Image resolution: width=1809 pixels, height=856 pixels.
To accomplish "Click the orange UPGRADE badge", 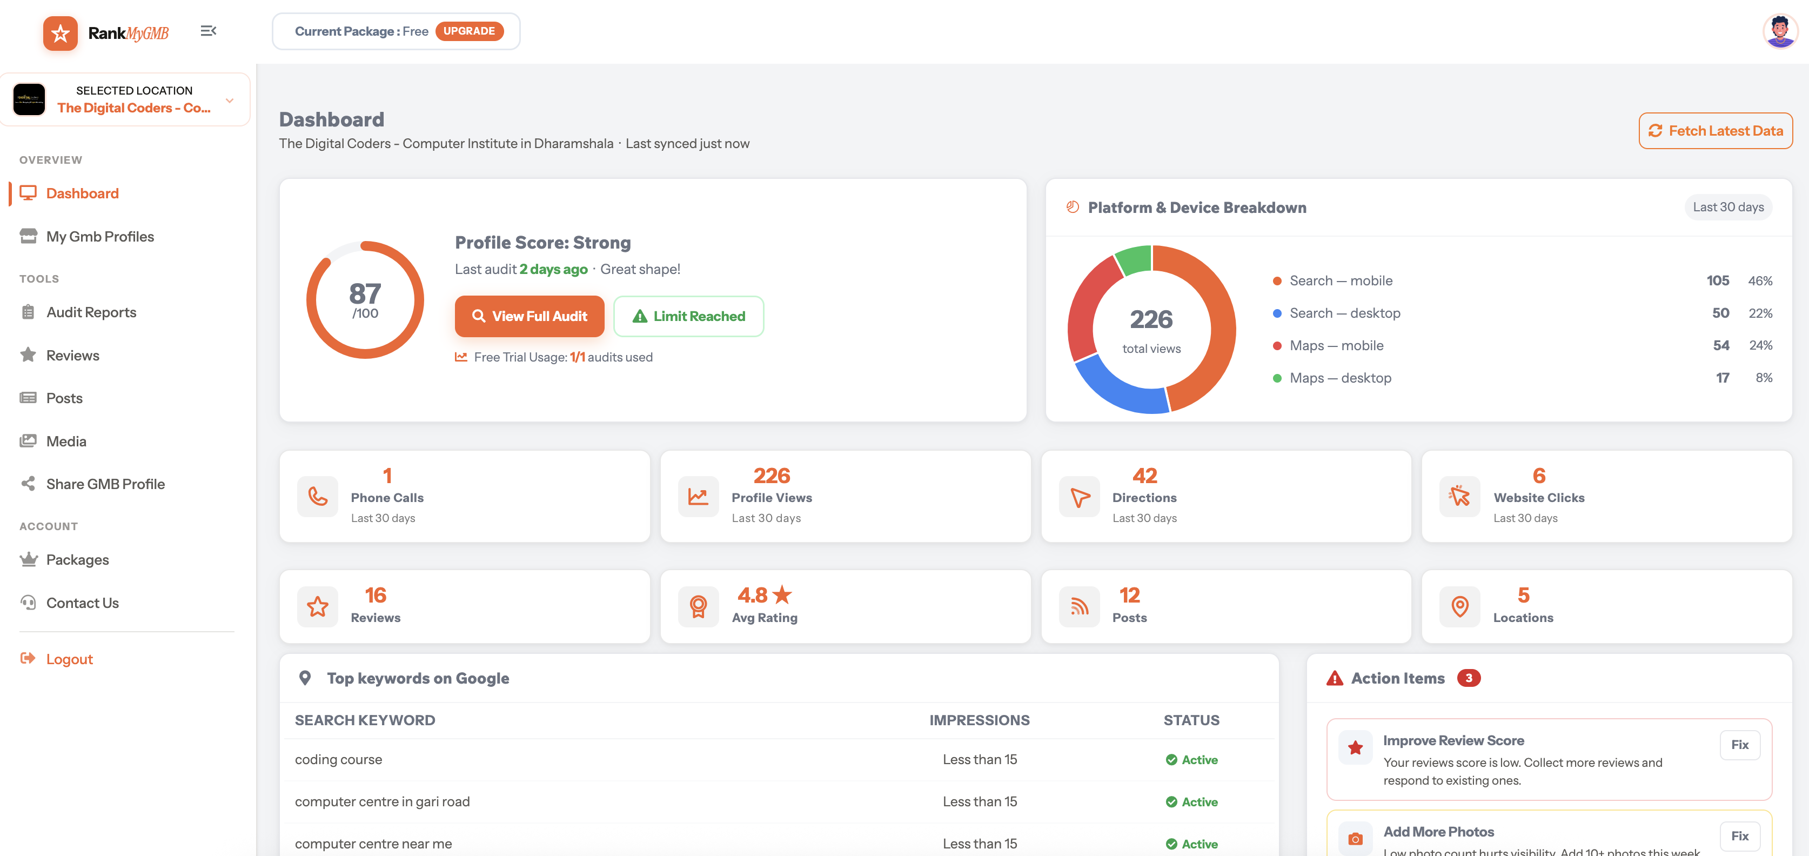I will (x=469, y=31).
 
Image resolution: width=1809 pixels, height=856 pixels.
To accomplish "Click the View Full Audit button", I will (x=530, y=316).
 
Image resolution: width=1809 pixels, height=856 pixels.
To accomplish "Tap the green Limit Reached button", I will (x=688, y=316).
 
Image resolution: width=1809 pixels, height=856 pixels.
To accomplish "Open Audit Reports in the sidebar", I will (x=91, y=312).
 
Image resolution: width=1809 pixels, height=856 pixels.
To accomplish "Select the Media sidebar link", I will (x=66, y=441).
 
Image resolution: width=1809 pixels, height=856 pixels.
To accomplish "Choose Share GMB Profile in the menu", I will (x=105, y=484).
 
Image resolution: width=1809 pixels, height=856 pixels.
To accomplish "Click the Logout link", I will (x=69, y=659).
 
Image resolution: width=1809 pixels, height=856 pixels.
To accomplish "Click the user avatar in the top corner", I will (x=1779, y=31).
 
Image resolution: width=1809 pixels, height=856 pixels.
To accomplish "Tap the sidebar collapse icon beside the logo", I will (x=208, y=31).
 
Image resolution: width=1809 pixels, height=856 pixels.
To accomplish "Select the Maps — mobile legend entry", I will (x=1336, y=345).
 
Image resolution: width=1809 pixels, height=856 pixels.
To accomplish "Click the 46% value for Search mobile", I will (x=1759, y=281).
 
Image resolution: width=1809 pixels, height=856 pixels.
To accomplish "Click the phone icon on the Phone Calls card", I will (x=317, y=497).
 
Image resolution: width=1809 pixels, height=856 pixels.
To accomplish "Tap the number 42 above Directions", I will (x=1144, y=476).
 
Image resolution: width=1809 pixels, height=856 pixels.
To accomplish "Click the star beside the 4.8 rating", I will (x=782, y=595).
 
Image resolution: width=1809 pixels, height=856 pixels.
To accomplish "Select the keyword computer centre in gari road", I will (x=382, y=801).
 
